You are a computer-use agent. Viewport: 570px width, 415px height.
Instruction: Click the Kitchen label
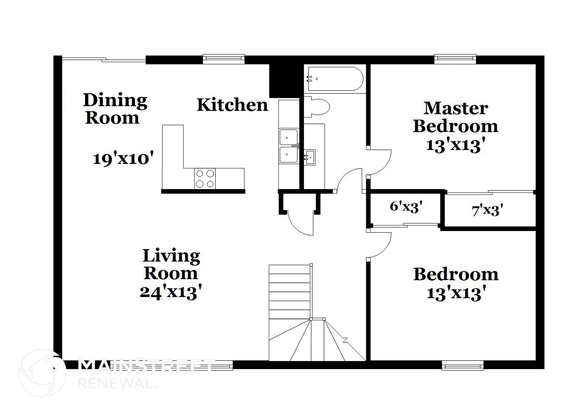232,105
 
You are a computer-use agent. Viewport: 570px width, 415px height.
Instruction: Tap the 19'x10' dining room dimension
123,159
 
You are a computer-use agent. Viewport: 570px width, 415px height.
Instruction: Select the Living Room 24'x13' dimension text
171,293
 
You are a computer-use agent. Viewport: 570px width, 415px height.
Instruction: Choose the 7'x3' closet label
487,210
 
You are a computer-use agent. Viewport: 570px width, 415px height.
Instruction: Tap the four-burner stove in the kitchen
205,179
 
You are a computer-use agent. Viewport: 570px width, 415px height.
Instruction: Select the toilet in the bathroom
316,107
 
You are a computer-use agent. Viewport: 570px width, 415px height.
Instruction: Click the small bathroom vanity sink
309,157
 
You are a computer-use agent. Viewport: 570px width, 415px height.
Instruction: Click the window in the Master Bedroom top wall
455,58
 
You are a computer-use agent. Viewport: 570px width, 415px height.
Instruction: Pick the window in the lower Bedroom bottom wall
463,365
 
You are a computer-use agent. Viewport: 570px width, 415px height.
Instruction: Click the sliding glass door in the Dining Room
104,59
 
